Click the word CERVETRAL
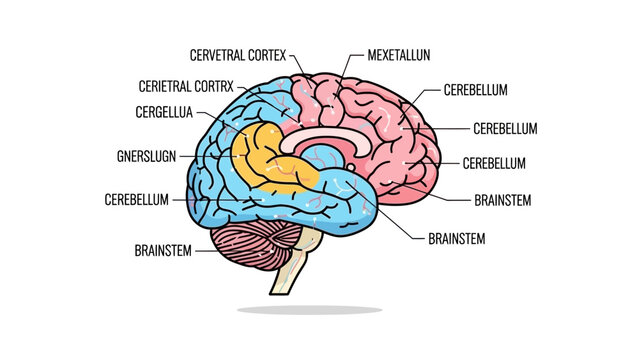pos(221,51)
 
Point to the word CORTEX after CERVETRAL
pos(280,51)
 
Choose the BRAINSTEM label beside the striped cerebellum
pos(163,249)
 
